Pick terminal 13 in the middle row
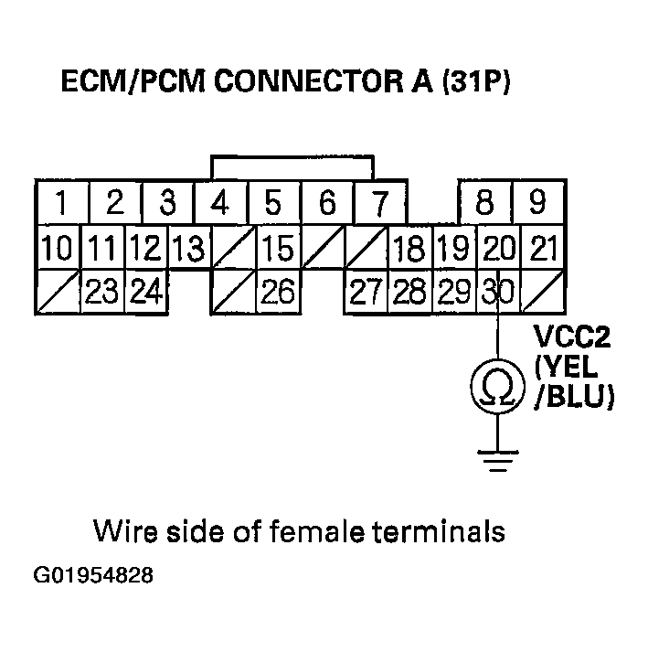click(190, 248)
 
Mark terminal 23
click(102, 292)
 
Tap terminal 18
click(409, 248)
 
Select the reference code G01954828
click(93, 577)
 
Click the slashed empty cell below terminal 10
click(58, 292)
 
